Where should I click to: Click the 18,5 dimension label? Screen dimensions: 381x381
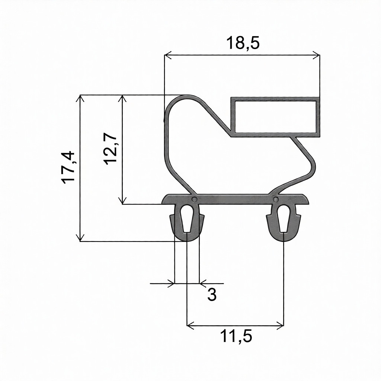(x=243, y=43)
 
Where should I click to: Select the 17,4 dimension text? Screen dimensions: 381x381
(x=68, y=167)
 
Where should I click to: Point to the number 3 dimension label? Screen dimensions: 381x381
(x=212, y=295)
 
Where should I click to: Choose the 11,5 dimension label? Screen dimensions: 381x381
(x=236, y=336)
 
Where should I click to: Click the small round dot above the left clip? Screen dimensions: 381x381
(x=194, y=199)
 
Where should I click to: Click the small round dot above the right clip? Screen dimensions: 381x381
(x=275, y=199)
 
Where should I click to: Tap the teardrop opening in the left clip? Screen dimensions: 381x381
(x=187, y=218)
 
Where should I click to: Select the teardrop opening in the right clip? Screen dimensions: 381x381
(x=284, y=218)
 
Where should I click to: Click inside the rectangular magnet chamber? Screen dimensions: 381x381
(x=275, y=117)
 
